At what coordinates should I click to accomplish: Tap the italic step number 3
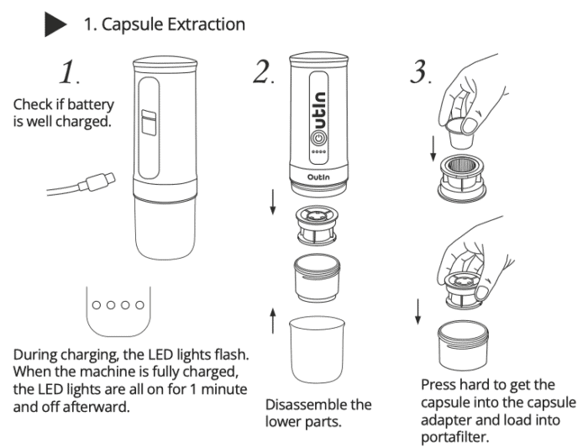(x=418, y=74)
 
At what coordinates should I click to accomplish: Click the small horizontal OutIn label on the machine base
(x=321, y=178)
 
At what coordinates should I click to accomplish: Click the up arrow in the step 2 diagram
(x=272, y=320)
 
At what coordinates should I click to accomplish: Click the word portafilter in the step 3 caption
(x=459, y=437)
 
